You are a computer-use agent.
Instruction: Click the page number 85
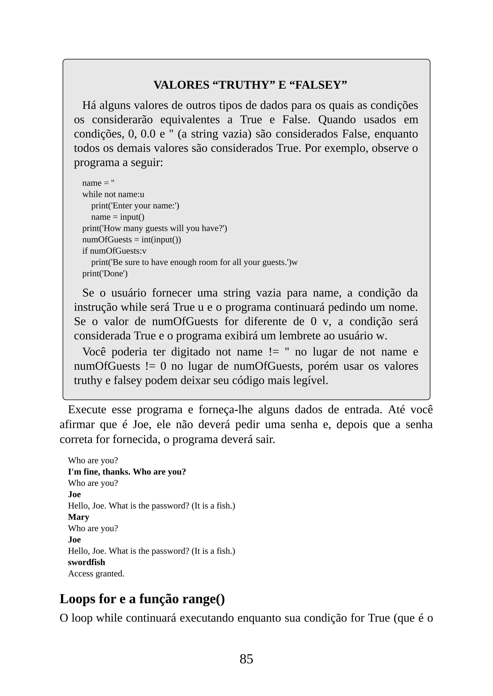click(x=246, y=659)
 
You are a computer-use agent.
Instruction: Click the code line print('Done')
click(x=105, y=273)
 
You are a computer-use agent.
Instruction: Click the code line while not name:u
click(x=113, y=194)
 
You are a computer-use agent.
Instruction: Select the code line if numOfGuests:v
click(x=114, y=251)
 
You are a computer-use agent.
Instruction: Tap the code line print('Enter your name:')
click(x=135, y=205)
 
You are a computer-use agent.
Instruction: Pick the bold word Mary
click(x=78, y=517)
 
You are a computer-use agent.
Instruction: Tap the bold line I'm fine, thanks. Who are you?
click(x=127, y=472)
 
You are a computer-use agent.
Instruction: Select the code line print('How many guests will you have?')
click(x=155, y=228)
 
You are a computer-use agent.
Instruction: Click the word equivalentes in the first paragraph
click(x=190, y=120)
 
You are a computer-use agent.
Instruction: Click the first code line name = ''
click(x=98, y=183)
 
